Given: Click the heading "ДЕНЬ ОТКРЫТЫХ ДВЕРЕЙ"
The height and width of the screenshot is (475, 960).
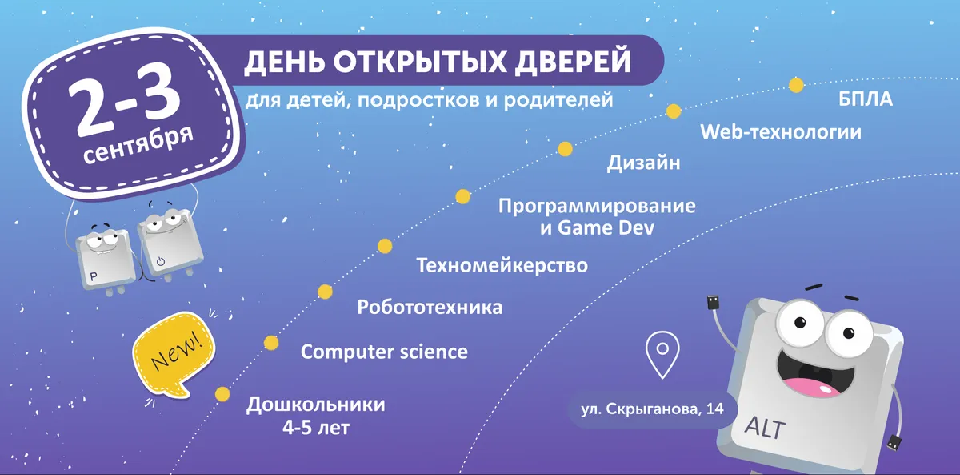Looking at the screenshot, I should coord(438,62).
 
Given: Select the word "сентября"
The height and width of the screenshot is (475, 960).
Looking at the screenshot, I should coord(138,144).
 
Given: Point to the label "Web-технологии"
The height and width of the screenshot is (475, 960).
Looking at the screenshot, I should coord(781,131).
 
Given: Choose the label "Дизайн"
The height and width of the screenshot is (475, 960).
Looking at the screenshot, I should coord(643,164).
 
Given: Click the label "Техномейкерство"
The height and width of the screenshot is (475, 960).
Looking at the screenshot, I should coord(502,265).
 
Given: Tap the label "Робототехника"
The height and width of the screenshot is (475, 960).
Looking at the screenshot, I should coord(430,308).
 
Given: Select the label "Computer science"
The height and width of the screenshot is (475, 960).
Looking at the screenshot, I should coord(384,352).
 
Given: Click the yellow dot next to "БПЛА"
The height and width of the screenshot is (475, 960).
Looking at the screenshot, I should coord(796,85).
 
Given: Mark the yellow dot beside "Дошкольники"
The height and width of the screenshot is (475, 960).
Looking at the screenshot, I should coord(222,394).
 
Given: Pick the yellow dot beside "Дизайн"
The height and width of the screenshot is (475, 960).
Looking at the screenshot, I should coord(565,149).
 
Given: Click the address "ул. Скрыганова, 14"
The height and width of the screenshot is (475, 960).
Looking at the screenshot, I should coord(654,409).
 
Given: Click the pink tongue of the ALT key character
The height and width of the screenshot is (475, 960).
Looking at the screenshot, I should coord(808,387).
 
